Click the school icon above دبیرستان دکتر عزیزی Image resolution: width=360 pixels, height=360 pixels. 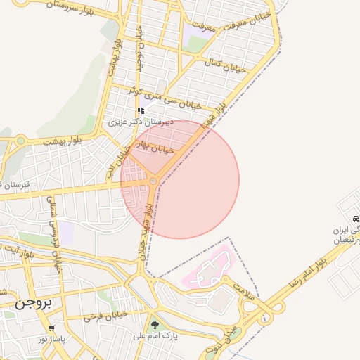[141, 110]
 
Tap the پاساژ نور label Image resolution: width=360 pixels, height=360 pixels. [52, 339]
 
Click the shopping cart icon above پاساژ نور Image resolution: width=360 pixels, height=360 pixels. [51, 328]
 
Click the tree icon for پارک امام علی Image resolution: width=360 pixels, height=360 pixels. [155, 325]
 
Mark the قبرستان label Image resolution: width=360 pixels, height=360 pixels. [14, 184]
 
